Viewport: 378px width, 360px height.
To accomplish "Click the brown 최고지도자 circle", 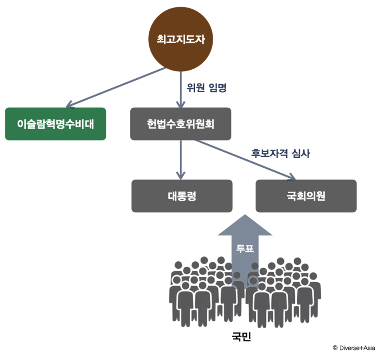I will tap(181, 40).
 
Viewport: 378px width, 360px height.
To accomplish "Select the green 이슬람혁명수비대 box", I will tap(55, 124).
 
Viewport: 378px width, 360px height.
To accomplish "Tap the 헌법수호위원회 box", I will tap(181, 124).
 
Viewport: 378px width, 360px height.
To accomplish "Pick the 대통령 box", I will tap(182, 196).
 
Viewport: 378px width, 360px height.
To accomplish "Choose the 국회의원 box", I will tap(306, 196).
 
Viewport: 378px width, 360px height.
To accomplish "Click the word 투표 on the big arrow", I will tap(245, 248).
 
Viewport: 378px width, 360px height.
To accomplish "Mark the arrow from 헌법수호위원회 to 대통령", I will tap(181, 157).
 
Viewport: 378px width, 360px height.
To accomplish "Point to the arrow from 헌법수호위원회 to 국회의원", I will tap(247, 159).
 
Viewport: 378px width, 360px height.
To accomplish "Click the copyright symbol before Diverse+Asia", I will tap(335, 347).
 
